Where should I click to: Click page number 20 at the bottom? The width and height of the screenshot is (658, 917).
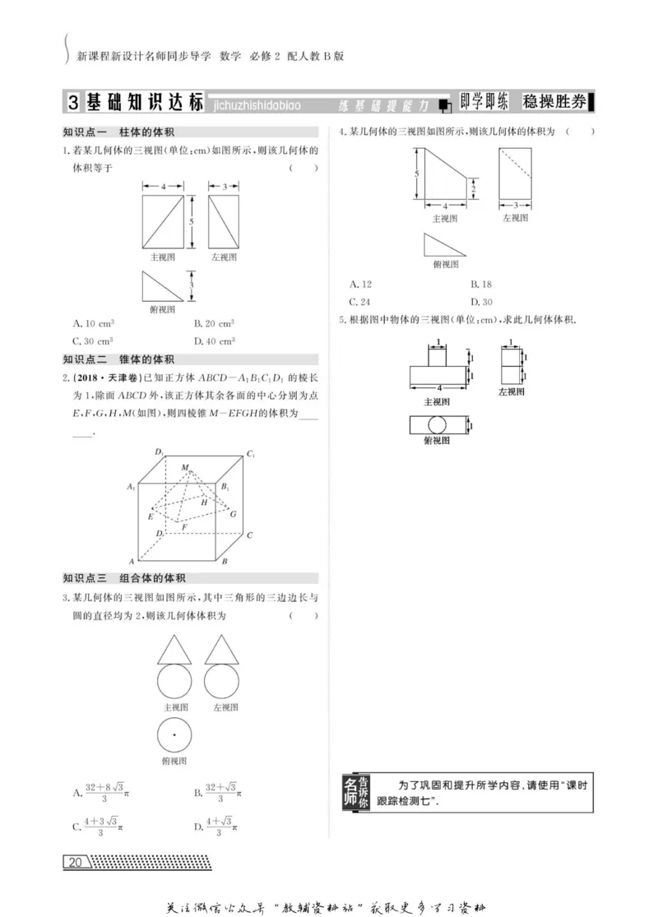pyautogui.click(x=76, y=862)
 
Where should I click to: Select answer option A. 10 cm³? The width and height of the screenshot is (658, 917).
pyautogui.click(x=93, y=323)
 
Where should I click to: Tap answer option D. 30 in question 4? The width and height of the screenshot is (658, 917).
pyautogui.click(x=481, y=301)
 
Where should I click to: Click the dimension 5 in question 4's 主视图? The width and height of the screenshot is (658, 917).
pyautogui.click(x=417, y=174)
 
